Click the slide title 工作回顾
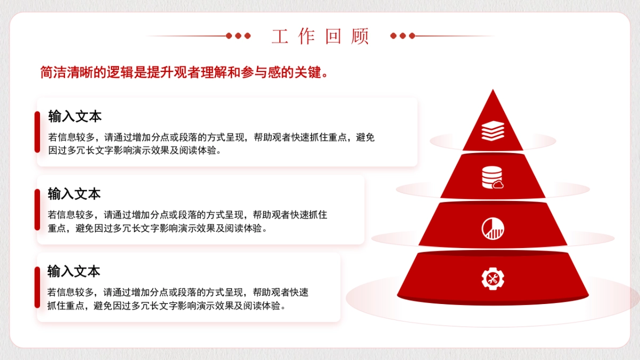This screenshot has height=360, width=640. [320, 36]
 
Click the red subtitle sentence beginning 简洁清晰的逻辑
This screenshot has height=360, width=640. [184, 73]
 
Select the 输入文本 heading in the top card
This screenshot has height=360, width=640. [75, 116]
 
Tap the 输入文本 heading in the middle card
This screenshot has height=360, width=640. [74, 194]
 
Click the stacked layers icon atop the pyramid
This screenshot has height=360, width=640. [492, 131]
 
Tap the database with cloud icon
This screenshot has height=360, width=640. [492, 178]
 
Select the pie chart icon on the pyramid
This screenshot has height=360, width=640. [492, 228]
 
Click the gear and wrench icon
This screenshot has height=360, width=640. [492, 278]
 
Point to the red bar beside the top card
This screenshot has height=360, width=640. [37, 132]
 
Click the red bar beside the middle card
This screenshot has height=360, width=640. [37, 210]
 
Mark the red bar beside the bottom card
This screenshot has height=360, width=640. [37, 287]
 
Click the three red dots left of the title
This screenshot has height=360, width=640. [238, 36]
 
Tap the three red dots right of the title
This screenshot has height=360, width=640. [402, 36]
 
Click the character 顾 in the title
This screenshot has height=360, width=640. [361, 36]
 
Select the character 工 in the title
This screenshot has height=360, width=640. [279, 36]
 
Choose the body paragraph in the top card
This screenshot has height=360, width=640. [211, 144]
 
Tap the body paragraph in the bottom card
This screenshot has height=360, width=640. [178, 299]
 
